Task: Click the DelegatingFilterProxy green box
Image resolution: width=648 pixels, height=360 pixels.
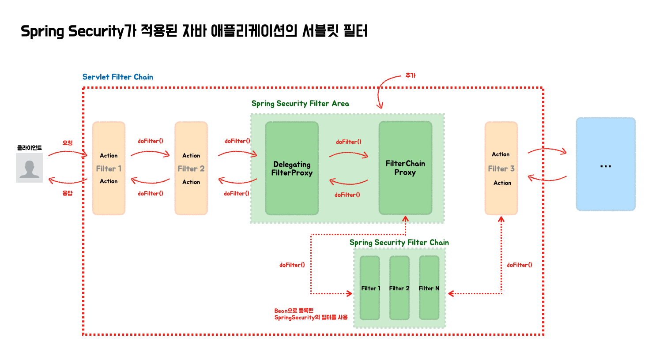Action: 292,169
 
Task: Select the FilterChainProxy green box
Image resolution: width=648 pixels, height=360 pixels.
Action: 405,168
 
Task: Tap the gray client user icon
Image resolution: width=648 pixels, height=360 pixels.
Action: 30,168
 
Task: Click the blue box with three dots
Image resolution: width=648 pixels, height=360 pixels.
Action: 606,164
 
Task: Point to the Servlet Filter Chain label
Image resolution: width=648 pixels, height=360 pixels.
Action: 118,77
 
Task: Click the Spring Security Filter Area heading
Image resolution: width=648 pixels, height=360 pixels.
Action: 300,104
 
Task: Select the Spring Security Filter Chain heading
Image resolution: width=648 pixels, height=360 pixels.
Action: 399,242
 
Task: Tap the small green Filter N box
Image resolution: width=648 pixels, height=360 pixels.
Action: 429,288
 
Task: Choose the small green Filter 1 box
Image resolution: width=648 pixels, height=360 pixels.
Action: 370,288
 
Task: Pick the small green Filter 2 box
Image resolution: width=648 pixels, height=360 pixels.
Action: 399,288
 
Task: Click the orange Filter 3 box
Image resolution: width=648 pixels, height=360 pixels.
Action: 501,169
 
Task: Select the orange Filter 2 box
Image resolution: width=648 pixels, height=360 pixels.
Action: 191,169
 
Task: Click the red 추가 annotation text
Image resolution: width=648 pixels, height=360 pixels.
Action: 411,75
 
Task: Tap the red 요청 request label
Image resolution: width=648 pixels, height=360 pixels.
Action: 68,143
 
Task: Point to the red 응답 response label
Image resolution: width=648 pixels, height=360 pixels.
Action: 68,193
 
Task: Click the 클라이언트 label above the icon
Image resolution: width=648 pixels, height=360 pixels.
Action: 30,148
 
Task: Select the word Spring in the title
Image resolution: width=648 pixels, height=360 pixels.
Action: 42,32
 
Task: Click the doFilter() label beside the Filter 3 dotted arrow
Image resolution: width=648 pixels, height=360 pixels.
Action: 520,265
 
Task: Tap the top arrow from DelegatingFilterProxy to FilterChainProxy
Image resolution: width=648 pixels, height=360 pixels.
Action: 349,154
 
